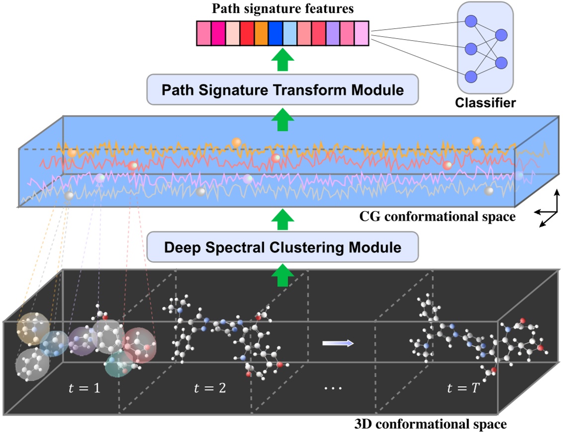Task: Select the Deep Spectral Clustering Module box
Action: [282, 247]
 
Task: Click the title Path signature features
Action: [282, 8]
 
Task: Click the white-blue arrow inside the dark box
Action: [338, 343]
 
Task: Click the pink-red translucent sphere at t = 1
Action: [140, 346]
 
